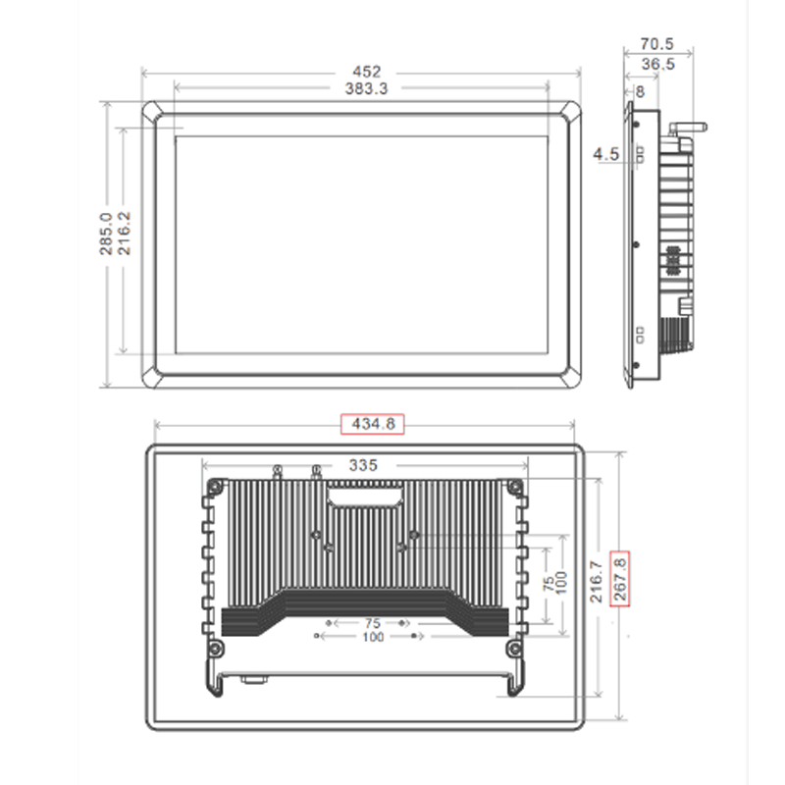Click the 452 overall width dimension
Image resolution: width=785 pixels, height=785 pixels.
pos(364,72)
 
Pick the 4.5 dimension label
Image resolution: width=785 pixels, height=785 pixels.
pos(605,154)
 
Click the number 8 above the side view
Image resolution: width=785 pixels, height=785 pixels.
pos(640,91)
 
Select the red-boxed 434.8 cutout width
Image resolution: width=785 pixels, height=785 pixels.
pos(371,424)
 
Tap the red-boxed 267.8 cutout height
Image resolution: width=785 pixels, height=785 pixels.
pos(619,580)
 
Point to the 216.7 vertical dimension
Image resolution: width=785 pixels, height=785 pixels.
pos(598,580)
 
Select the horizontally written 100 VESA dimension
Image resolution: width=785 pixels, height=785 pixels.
pos(372,637)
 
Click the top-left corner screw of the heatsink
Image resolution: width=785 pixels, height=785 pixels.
pos(214,485)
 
